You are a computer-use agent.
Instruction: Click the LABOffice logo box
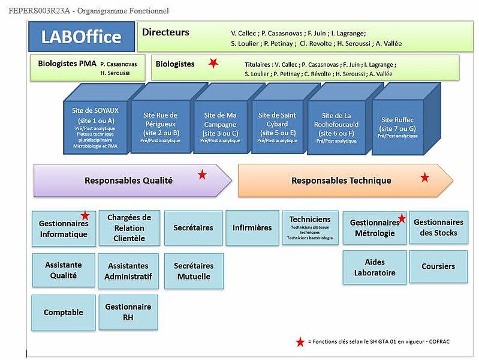pyautogui.click(x=81, y=37)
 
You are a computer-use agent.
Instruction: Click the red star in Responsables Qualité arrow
pyautogui.click(x=202, y=175)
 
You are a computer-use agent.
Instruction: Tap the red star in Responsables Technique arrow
pyautogui.click(x=424, y=177)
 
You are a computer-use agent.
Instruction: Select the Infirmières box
pyautogui.click(x=252, y=227)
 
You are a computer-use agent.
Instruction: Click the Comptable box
pyautogui.click(x=63, y=312)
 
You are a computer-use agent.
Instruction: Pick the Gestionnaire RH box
pyautogui.click(x=128, y=311)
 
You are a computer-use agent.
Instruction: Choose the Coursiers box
pyautogui.click(x=438, y=266)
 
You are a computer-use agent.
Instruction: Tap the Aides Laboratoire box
pyautogui.click(x=374, y=267)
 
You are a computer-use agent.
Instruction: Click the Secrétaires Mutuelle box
pyautogui.click(x=194, y=271)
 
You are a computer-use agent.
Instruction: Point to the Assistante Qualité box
pyautogui.click(x=63, y=271)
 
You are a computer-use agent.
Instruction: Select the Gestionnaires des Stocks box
pyautogui.click(x=438, y=227)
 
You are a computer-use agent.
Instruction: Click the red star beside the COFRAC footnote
pyautogui.click(x=300, y=342)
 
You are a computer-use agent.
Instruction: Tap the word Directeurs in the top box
pyautogui.click(x=165, y=32)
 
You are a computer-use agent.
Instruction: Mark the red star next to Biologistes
pyautogui.click(x=212, y=63)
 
